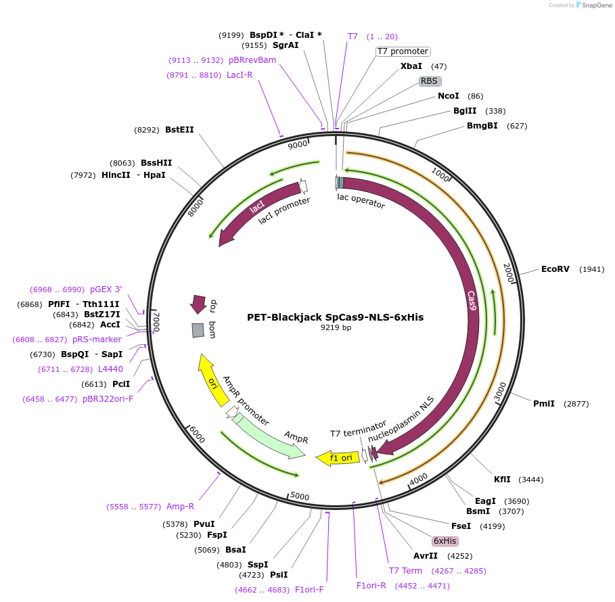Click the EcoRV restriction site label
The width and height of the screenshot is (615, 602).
555,269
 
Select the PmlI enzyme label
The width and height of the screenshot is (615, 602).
543,404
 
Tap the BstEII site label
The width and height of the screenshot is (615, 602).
179,129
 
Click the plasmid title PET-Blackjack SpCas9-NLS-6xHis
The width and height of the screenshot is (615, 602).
335,317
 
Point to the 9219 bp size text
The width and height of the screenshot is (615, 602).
336,327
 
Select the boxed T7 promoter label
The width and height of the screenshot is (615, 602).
403,51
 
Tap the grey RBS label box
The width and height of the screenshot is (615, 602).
430,81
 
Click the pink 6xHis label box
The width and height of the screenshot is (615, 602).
445,541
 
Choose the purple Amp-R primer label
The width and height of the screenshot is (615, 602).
180,507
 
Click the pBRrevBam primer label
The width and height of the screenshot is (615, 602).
252,60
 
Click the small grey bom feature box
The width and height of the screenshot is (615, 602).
198,330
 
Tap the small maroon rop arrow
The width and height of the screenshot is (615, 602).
198,304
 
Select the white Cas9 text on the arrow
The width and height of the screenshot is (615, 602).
472,301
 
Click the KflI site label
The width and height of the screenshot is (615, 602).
502,480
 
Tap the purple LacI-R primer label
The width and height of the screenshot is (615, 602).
240,74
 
